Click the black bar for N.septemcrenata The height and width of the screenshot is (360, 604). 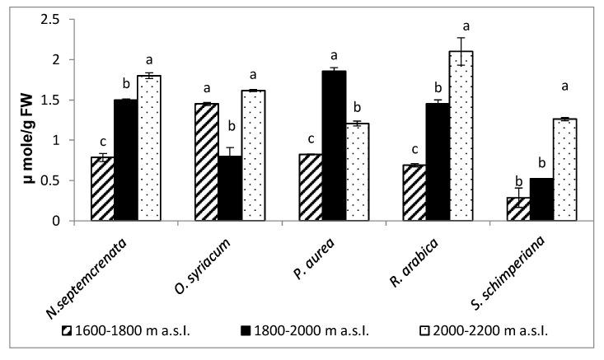[x=125, y=160]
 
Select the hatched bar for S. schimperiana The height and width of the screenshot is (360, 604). [x=518, y=209]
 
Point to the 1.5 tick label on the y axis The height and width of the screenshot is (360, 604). [x=55, y=101]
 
